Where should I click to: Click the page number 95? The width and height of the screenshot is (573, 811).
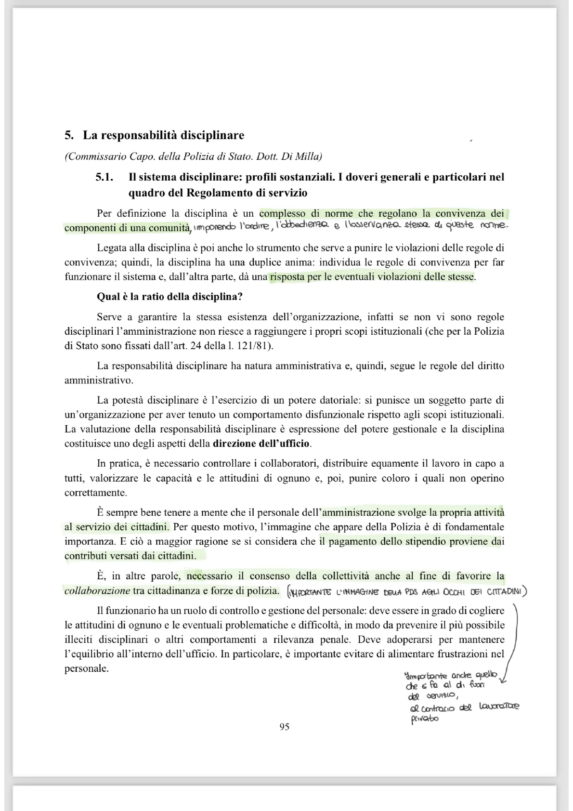point(284,727)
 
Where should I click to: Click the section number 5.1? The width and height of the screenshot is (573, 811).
point(104,177)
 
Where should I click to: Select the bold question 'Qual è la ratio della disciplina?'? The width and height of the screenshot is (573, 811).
point(169,296)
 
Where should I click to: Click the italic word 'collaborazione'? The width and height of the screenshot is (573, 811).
point(97,590)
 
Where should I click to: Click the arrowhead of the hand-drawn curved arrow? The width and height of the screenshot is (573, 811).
point(503,680)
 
